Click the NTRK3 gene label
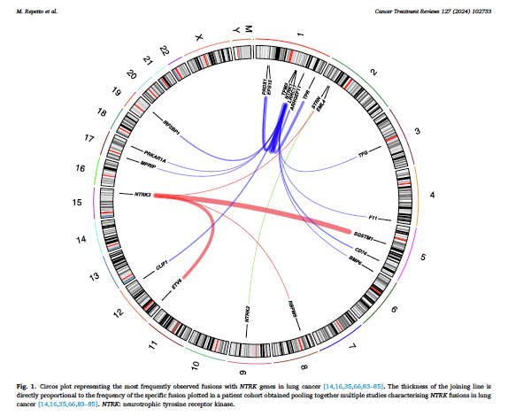pos(142,194)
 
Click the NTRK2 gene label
pos(247,312)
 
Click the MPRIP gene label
pos(142,166)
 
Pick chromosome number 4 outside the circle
pos(433,194)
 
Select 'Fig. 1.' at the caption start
pos(27,387)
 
